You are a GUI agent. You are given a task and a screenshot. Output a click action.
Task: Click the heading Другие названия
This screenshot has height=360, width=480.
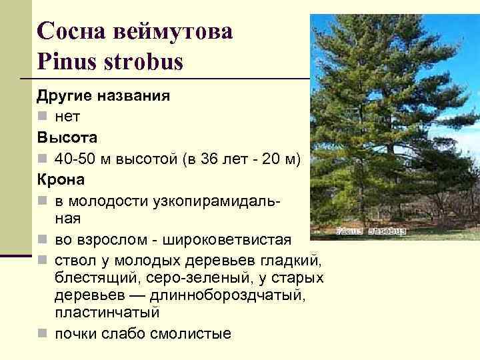pyautogui.click(x=103, y=95)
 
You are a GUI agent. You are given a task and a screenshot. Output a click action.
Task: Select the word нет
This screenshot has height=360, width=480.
pyautogui.click(x=67, y=117)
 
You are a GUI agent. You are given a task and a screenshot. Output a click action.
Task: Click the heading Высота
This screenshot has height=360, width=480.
pyautogui.click(x=67, y=138)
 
